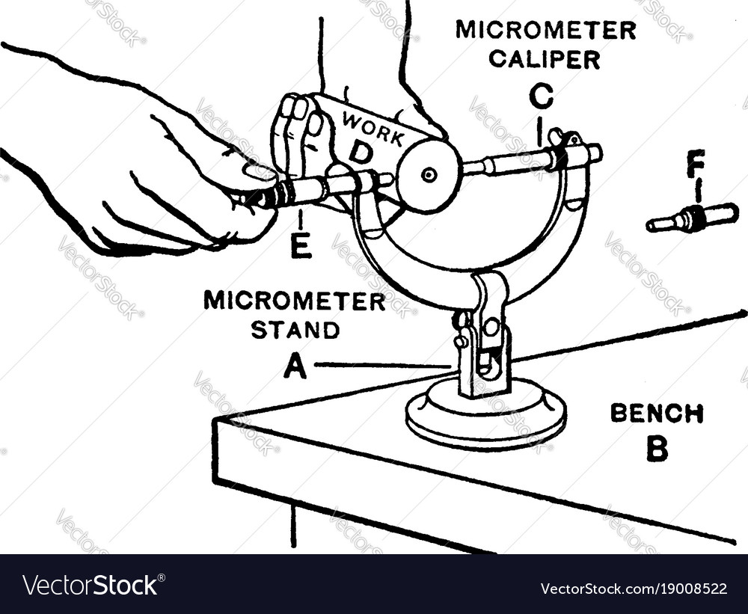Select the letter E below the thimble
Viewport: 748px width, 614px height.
(x=301, y=246)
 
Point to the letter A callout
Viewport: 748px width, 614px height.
(x=295, y=366)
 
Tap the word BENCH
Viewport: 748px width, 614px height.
(x=657, y=413)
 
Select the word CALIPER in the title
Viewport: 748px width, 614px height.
(x=545, y=60)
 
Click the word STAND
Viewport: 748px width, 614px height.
(x=295, y=330)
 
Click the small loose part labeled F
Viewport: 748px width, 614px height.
(x=692, y=217)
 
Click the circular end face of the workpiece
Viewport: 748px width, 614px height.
(x=429, y=176)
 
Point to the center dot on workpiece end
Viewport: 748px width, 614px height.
(x=429, y=176)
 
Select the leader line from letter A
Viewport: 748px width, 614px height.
(x=381, y=366)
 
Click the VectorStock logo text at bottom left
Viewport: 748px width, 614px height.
(x=93, y=585)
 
